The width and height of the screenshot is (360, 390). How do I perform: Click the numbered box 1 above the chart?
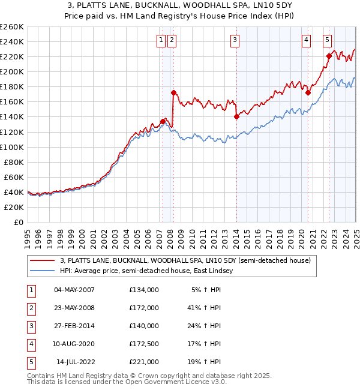[x=161, y=40]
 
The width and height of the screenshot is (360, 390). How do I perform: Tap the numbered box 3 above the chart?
[x=234, y=40]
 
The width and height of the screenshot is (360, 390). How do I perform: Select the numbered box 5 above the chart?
[x=327, y=40]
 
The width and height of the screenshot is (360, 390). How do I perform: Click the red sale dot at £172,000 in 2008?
[x=173, y=92]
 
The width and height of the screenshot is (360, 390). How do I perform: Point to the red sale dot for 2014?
[x=236, y=116]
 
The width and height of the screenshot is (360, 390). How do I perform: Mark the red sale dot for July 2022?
[x=329, y=56]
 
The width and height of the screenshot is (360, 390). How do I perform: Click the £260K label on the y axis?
[x=12, y=27]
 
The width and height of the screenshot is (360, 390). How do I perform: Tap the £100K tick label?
[x=12, y=147]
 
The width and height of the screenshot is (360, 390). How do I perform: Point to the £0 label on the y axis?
[x=19, y=222]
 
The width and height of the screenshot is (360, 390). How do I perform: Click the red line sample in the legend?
[x=42, y=260]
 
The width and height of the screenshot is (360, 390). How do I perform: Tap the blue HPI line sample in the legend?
[x=42, y=271]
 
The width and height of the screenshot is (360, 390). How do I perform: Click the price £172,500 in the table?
[x=144, y=344]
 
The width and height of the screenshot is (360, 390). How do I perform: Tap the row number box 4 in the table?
[x=31, y=344]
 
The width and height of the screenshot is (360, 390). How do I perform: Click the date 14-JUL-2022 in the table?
[x=76, y=362]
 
